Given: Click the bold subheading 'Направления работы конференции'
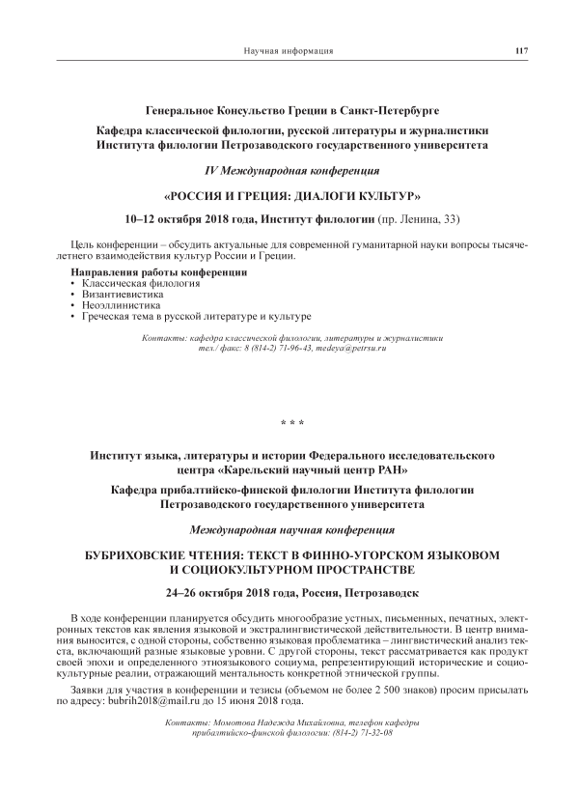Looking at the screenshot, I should point(158,273).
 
